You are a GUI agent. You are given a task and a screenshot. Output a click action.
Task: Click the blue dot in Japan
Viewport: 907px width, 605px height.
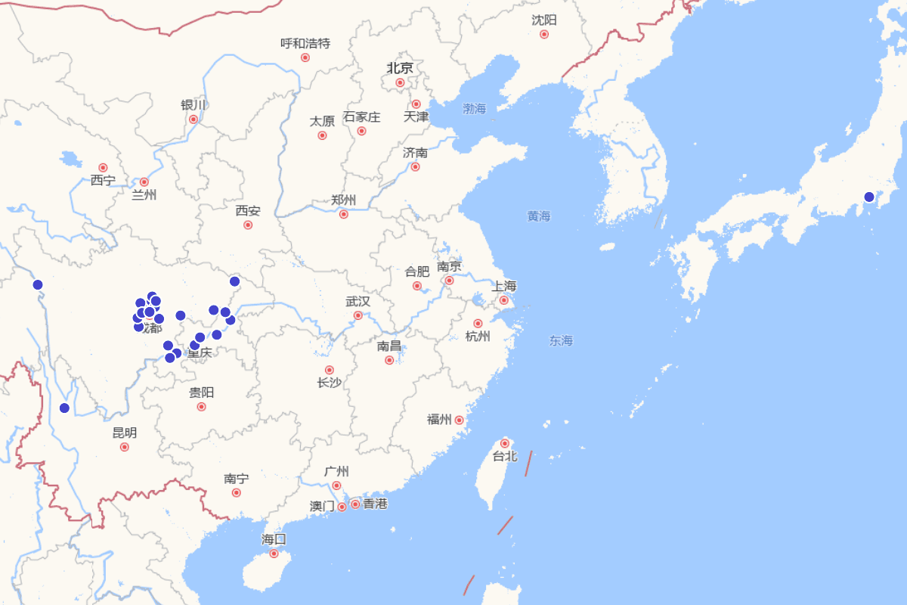coord(869,197)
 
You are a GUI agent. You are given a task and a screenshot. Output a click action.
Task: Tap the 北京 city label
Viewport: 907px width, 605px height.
coord(400,68)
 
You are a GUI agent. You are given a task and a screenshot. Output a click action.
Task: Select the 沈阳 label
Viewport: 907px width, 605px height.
coord(543,20)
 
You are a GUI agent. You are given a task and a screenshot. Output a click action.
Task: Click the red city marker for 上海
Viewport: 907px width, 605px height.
coord(504,300)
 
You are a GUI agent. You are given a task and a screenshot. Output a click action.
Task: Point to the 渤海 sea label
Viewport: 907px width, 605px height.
coord(475,109)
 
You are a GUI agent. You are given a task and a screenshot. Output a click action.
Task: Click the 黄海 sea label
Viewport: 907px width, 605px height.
coord(539,216)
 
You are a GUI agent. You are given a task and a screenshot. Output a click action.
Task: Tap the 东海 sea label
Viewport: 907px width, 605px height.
coord(561,341)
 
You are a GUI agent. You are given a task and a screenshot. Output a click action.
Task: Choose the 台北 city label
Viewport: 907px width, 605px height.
coord(504,456)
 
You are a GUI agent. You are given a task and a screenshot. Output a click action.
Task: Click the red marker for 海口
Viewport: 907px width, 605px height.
coord(274,554)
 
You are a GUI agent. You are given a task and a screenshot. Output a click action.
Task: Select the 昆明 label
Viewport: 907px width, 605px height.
coord(125,433)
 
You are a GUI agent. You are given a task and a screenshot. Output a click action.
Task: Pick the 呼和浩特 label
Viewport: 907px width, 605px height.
coord(305,44)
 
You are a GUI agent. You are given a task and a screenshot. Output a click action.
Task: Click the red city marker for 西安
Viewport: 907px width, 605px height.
coord(248,225)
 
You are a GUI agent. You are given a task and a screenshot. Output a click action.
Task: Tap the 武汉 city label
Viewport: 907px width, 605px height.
coord(358,301)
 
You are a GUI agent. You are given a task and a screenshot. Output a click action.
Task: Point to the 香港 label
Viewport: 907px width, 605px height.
coord(375,504)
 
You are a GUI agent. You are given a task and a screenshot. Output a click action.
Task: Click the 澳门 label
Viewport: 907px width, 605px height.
coord(322,506)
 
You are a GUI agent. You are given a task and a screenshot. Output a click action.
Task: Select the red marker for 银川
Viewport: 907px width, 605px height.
coord(193,119)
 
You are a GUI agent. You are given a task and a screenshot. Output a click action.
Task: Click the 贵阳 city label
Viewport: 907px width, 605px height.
coord(201,392)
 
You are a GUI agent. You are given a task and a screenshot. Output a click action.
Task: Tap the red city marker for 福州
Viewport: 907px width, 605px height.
coord(459,420)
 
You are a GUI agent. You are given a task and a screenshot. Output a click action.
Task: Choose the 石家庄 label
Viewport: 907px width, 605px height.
coord(362,117)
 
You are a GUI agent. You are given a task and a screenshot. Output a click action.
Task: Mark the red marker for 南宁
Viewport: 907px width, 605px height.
coord(237,492)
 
